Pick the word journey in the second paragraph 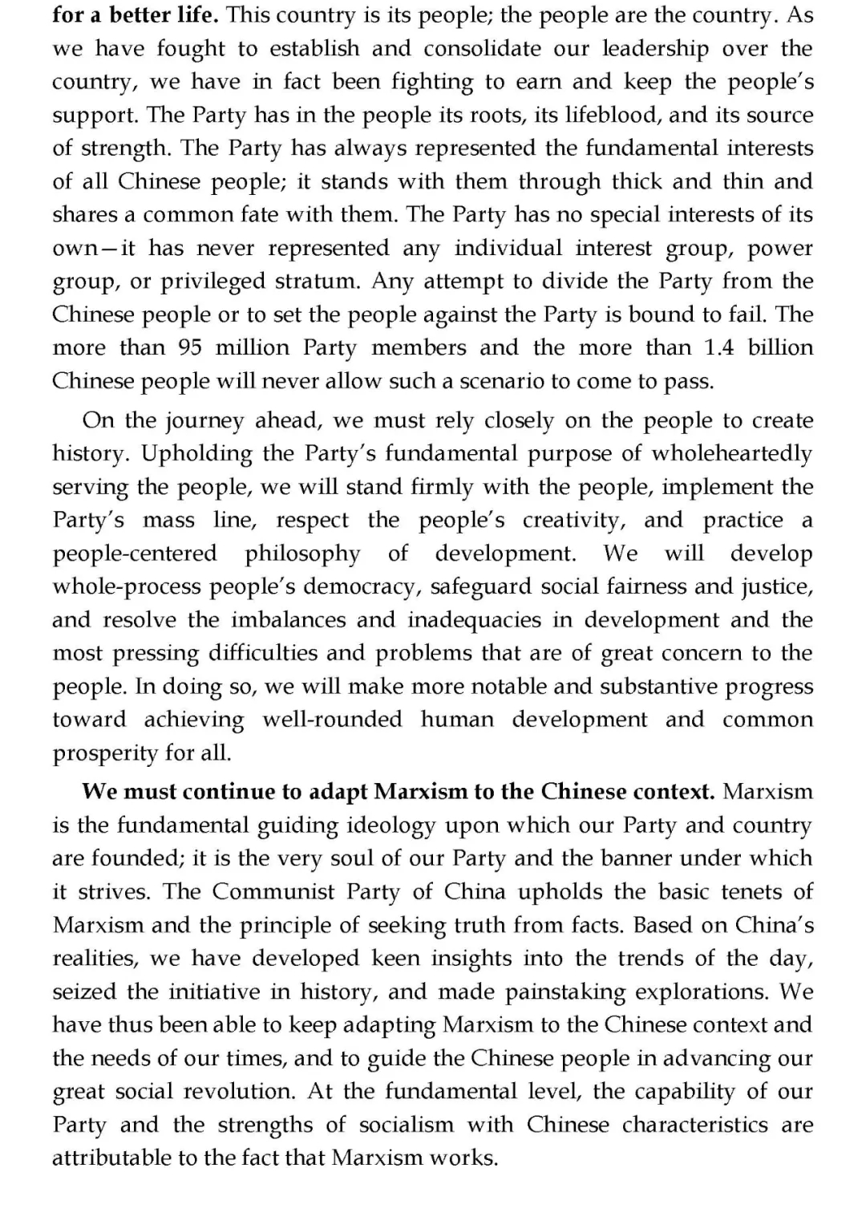click(x=204, y=420)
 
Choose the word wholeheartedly click(x=732, y=453)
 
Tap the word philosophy click(x=302, y=553)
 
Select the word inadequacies click(x=486, y=619)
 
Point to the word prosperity click(x=105, y=753)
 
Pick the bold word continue click(x=229, y=792)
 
